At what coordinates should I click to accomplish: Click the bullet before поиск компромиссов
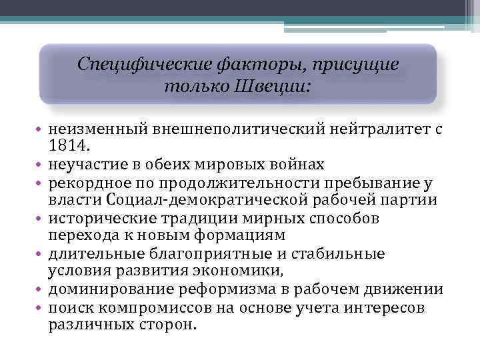click(x=41, y=307)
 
